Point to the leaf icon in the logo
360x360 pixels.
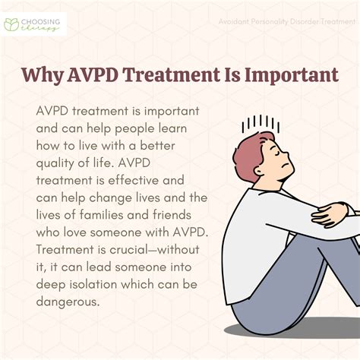[x=14, y=23]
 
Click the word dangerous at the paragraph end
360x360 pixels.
[x=68, y=307]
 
